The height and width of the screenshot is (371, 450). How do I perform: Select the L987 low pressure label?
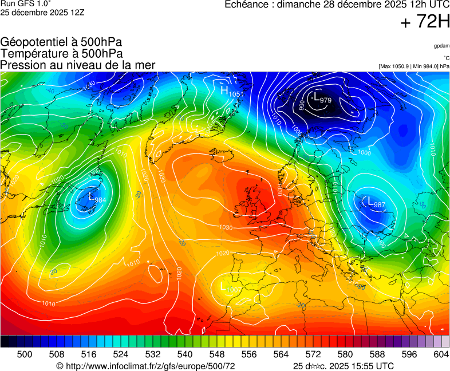click(376, 203)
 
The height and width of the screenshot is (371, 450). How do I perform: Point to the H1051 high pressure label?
click(230, 92)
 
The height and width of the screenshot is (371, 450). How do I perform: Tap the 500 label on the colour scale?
click(25, 354)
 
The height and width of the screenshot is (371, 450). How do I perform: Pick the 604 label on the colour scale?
click(441, 354)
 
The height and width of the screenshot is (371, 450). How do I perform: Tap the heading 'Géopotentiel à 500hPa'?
click(61, 42)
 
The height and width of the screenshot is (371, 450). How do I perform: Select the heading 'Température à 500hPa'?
click(61, 53)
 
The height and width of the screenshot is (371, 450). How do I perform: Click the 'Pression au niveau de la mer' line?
click(78, 65)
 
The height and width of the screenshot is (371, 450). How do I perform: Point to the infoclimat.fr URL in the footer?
click(146, 366)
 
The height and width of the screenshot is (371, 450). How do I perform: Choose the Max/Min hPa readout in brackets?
click(414, 66)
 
